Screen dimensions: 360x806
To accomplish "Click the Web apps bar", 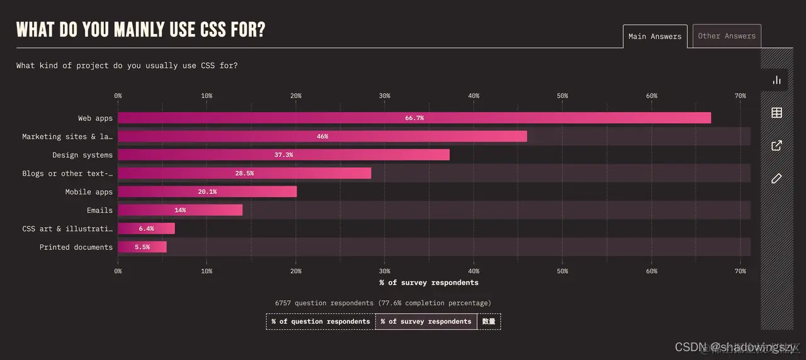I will [414, 118].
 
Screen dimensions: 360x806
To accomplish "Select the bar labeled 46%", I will [322, 137].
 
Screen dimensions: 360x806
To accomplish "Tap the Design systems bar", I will [283, 155].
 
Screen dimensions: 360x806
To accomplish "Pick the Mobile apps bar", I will [207, 192].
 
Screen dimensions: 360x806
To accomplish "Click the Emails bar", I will [179, 210].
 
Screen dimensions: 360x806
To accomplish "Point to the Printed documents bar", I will [142, 247].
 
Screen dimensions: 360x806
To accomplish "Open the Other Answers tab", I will [727, 37].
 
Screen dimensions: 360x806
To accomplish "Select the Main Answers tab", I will [655, 37].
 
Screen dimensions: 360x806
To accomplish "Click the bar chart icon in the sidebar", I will [776, 80].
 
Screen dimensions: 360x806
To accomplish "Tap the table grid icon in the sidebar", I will [776, 113].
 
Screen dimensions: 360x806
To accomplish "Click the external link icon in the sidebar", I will [776, 145].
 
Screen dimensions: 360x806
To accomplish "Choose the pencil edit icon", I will [776, 179].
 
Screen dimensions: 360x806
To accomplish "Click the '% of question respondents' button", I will [321, 322].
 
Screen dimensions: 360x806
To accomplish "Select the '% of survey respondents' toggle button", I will [426, 322].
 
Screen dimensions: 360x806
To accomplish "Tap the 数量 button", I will [489, 322].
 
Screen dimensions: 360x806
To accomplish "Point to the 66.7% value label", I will [414, 118].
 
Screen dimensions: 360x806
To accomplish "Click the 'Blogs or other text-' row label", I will [67, 174].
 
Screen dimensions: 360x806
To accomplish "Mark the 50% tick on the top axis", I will [562, 96].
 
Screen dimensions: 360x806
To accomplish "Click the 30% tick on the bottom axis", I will [385, 271].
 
